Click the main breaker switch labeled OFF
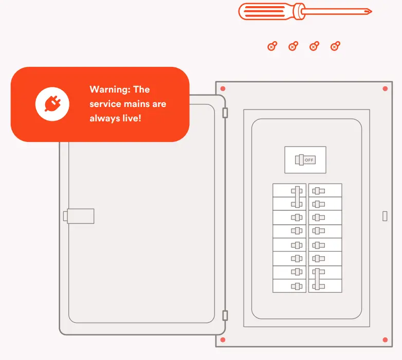coord(305,160)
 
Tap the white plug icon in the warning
coord(52,104)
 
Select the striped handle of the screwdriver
coord(271,11)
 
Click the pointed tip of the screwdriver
coord(370,11)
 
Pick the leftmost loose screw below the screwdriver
coord(272,47)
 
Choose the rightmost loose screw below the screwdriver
coord(335,47)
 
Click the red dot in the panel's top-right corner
coord(385,89)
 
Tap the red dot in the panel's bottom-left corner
coord(223,340)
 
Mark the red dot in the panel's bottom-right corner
coord(385,340)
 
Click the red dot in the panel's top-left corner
coord(223,89)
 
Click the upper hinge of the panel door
coord(225,113)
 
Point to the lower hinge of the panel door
coord(225,315)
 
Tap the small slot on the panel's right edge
coord(385,216)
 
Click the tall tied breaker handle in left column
coord(298,196)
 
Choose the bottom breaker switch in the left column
coord(297,286)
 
